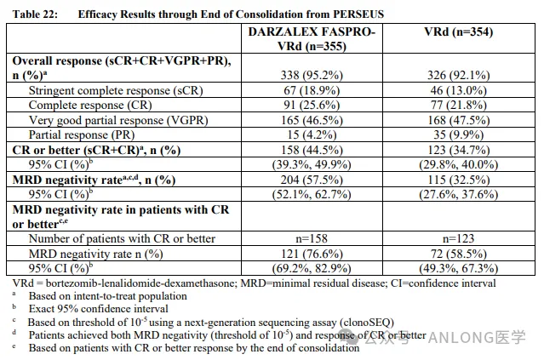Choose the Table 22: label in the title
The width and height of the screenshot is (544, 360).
31,14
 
